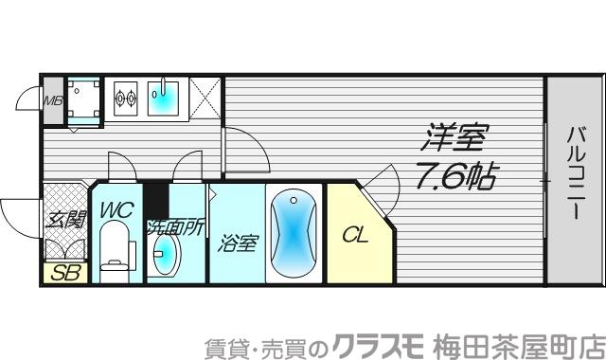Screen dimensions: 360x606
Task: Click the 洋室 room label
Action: pos(453,139)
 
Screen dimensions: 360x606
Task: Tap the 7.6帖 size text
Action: pos(454,176)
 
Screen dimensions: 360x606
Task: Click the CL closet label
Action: pos(354,233)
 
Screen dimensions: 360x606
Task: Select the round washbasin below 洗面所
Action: pos(167,254)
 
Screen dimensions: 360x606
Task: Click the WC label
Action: pos(116,209)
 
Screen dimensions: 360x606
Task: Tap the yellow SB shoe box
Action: pos(65,274)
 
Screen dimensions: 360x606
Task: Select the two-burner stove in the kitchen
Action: pos(126,95)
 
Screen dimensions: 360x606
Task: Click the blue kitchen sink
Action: pos(165,94)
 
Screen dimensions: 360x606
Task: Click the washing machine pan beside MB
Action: pos(85,99)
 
